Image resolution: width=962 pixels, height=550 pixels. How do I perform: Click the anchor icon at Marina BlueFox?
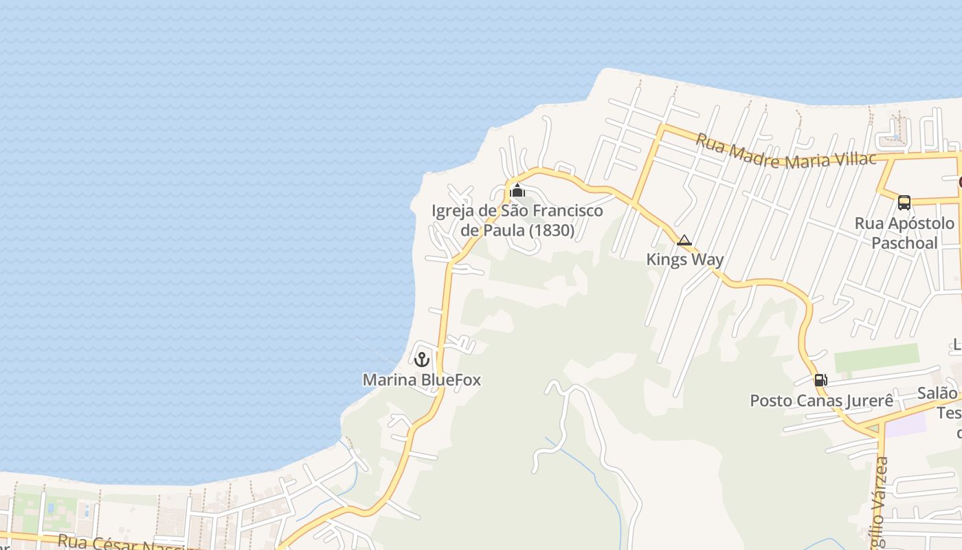click(421, 359)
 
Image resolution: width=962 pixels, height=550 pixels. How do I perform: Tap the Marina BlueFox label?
click(421, 379)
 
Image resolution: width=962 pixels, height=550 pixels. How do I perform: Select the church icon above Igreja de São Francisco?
click(517, 190)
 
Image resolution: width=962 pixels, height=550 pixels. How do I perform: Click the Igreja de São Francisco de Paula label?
click(517, 220)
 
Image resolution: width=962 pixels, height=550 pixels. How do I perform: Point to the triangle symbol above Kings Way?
click(684, 240)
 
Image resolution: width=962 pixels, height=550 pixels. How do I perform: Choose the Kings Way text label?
click(684, 259)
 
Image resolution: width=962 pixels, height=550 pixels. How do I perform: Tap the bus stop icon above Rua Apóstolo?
click(904, 202)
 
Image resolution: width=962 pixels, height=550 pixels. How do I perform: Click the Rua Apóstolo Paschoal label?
click(904, 233)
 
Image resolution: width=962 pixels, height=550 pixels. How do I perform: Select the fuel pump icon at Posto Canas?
click(820, 380)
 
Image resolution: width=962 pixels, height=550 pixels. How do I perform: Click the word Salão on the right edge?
click(937, 393)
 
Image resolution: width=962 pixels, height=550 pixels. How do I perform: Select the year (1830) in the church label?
click(552, 230)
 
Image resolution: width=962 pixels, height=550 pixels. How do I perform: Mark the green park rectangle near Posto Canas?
click(877, 357)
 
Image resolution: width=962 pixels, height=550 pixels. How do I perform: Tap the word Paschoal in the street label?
click(904, 243)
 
